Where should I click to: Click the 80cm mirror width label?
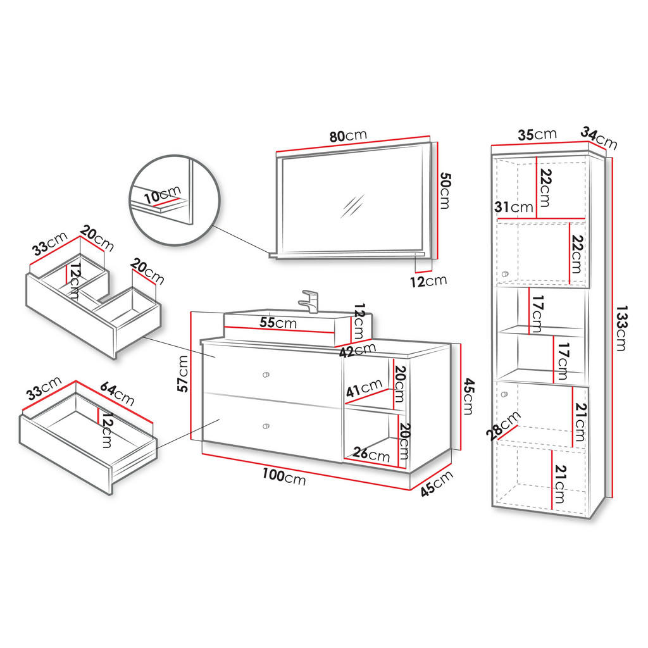coord(348,135)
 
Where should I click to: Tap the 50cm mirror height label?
coord(445,190)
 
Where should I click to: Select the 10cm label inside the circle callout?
coord(163,194)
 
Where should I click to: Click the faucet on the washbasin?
coord(309,301)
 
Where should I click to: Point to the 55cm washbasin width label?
coord(278,322)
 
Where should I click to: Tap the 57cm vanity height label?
coord(182,373)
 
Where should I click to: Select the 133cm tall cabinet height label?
coord(621,328)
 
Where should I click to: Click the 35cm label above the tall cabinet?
coord(537,134)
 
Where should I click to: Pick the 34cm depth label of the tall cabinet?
coord(599,138)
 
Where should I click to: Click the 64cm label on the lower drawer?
coord(117,394)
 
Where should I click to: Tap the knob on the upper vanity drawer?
coord(266,375)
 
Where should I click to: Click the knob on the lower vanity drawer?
coord(266,426)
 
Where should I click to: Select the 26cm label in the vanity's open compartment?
coord(371,454)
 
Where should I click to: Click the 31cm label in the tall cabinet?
coord(514,207)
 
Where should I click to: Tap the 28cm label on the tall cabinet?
coord(503,426)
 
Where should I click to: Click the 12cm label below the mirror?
coord(428,282)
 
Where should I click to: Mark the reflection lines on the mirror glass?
coord(352,206)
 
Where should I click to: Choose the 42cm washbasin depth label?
coord(358,350)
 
